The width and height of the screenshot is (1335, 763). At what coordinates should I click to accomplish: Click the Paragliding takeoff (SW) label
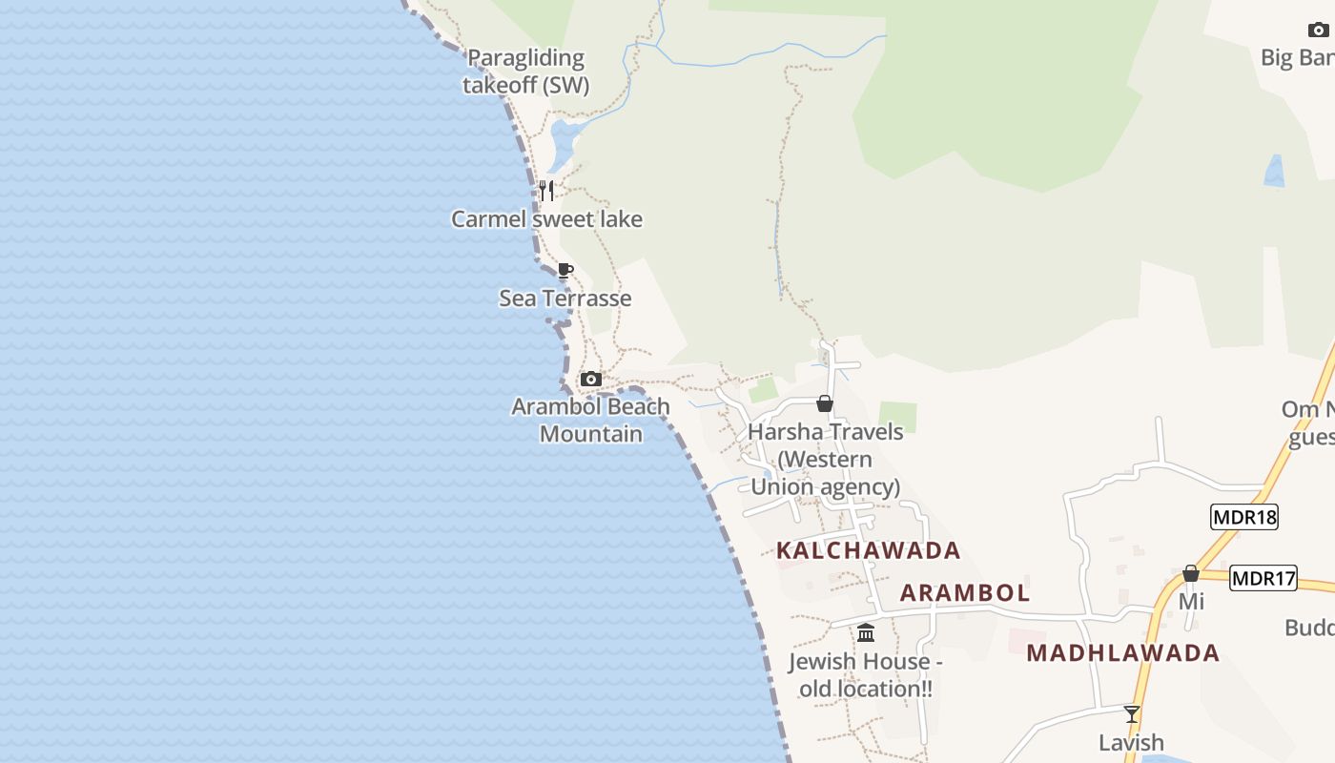click(x=525, y=72)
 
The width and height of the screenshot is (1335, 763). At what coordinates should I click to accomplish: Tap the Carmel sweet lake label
click(x=546, y=219)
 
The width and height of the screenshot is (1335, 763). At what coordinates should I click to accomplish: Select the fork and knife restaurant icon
click(x=546, y=191)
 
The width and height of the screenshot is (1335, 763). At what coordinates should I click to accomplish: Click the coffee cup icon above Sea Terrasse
click(x=565, y=270)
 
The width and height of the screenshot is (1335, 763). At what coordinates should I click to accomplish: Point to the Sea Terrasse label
click(x=565, y=299)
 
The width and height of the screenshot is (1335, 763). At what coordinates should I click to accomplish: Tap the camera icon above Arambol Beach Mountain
click(x=591, y=379)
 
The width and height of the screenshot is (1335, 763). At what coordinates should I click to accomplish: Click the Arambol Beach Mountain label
click(x=590, y=420)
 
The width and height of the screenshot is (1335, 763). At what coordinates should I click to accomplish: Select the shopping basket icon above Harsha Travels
click(x=825, y=404)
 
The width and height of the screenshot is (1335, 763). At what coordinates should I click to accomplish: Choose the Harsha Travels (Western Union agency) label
click(x=825, y=459)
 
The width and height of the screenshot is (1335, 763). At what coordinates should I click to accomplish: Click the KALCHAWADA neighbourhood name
click(x=868, y=550)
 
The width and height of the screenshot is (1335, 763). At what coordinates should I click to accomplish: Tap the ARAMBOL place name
click(x=965, y=592)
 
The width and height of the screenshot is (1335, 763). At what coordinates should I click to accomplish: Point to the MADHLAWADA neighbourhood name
click(x=1123, y=653)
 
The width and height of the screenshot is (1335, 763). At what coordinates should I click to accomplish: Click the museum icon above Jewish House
click(x=866, y=632)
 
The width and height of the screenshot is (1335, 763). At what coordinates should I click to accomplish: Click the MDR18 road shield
click(x=1244, y=517)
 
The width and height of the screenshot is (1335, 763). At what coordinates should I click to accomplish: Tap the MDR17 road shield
click(x=1263, y=578)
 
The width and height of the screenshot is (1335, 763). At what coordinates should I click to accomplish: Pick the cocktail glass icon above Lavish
click(x=1132, y=714)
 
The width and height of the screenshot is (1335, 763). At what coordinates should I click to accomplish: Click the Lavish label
click(x=1131, y=742)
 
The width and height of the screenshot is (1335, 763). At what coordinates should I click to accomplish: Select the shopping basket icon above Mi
click(x=1191, y=573)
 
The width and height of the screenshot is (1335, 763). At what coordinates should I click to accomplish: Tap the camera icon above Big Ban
click(x=1319, y=30)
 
